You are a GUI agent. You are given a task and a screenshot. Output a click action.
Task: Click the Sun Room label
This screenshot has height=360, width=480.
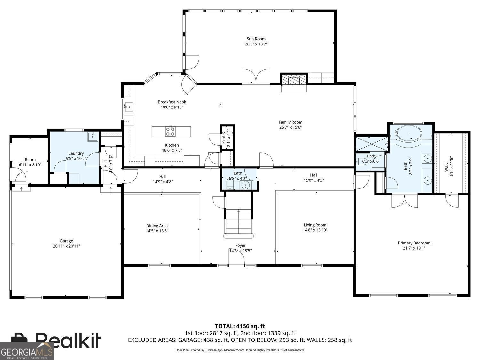(x=256, y=39)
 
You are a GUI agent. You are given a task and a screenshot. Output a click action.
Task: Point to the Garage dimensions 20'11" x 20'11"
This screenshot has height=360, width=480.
(x=67, y=246)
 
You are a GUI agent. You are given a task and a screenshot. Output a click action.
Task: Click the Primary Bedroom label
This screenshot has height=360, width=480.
(x=414, y=243)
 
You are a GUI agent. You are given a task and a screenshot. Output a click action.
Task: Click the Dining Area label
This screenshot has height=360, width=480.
(x=157, y=226)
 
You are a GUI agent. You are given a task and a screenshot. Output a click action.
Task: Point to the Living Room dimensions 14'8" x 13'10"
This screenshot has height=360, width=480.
(x=315, y=230)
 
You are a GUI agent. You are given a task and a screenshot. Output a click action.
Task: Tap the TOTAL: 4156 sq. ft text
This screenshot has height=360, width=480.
(x=240, y=326)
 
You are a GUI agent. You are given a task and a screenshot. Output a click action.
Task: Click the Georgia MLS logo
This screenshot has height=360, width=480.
(x=27, y=351)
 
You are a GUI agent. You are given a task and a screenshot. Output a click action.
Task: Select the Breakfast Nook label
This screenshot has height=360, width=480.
(x=172, y=102)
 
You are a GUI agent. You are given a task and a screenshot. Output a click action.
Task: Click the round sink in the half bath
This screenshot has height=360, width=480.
(x=245, y=185)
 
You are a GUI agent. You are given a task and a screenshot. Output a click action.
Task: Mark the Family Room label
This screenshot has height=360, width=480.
(x=290, y=122)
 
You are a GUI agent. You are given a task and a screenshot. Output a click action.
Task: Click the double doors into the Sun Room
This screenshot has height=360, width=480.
(x=256, y=77)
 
